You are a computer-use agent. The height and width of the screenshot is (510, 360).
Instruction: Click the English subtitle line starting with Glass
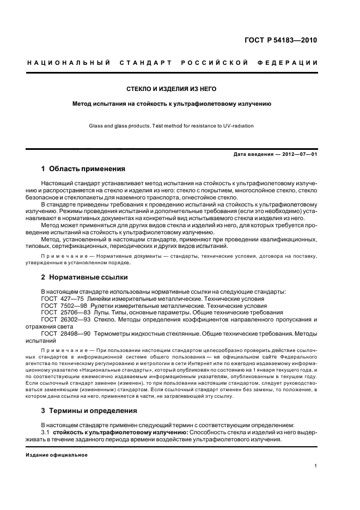click(172, 126)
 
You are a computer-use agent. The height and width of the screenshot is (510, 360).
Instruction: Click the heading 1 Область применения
click(83, 169)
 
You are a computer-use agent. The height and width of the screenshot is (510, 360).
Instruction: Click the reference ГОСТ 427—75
click(62, 299)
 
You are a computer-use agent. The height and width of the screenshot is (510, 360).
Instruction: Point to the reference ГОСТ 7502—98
click(63, 306)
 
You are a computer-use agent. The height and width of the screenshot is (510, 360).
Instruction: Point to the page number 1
click(316, 466)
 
